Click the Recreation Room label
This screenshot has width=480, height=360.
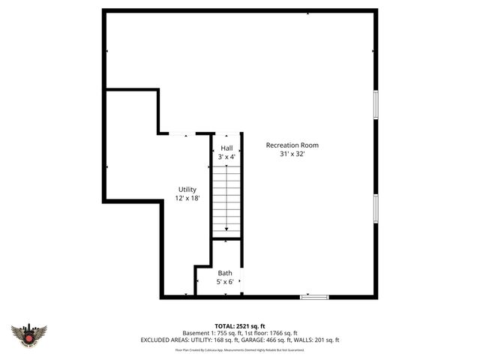coord(292,145)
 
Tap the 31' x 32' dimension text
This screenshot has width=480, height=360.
coord(292,154)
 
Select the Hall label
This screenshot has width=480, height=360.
coord(226,148)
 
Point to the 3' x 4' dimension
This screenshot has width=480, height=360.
coord(226,157)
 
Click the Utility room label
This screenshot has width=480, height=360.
coord(187,189)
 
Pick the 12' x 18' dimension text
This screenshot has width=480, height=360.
coord(187,199)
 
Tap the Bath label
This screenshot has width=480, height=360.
coord(225,273)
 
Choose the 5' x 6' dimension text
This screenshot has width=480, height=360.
coord(225,282)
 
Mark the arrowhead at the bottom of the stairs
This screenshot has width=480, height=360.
coord(226,228)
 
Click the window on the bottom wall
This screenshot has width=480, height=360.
coord(314,298)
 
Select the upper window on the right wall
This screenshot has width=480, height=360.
coord(375,104)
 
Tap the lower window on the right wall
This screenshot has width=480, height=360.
coord(375,208)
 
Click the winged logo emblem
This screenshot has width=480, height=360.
coord(29,334)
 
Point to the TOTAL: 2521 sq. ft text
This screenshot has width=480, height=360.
coord(240,326)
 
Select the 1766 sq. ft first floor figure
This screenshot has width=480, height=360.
coord(280,333)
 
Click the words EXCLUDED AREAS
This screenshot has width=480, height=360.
coord(166,340)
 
